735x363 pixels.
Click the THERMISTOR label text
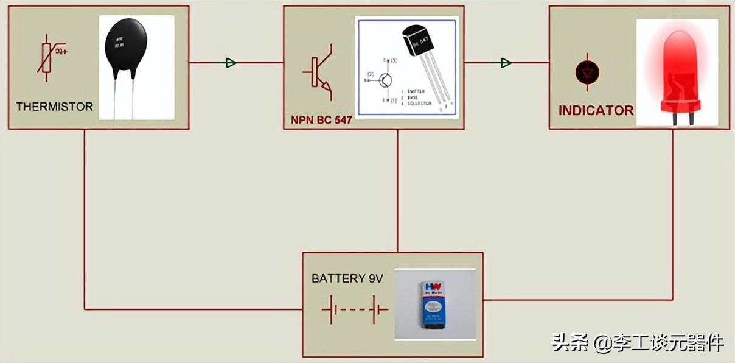tap(54, 107)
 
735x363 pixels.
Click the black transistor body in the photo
tap(416, 41)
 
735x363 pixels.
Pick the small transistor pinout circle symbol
tap(386, 79)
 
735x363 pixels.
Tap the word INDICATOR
tap(596, 111)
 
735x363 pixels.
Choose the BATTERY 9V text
tap(347, 278)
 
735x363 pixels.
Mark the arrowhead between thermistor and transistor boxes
tap(231, 63)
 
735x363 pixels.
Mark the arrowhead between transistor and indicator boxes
tap(506, 63)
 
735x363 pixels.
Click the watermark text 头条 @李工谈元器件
tap(638, 342)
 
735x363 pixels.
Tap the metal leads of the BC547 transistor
tap(437, 82)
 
